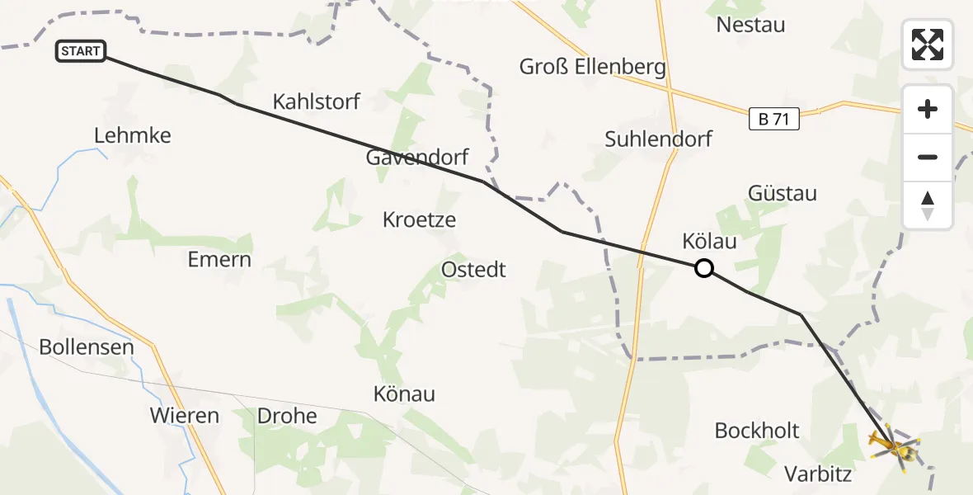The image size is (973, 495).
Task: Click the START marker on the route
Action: coord(80,51)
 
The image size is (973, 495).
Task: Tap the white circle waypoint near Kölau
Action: coord(703,268)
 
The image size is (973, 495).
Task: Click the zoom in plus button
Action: coord(928,110)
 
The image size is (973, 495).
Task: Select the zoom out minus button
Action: coord(928,157)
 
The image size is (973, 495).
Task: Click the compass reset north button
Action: coord(928,205)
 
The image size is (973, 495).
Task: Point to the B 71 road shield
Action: coord(774,120)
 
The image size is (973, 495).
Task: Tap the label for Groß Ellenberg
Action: coord(593,67)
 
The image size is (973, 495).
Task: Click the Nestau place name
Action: coord(750,25)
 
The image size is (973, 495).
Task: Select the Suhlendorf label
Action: coord(658,139)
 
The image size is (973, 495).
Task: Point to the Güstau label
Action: coord(783,194)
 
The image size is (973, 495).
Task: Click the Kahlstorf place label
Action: coord(317,102)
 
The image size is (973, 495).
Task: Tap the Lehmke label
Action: coord(133,136)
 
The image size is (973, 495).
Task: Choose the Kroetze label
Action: coord(419,220)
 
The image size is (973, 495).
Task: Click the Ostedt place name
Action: coord(473,270)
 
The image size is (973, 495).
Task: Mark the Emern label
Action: coord(219,260)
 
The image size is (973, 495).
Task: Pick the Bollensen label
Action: coord(87,347)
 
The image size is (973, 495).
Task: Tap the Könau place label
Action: coord(404,394)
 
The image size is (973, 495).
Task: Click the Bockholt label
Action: coord(757,431)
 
